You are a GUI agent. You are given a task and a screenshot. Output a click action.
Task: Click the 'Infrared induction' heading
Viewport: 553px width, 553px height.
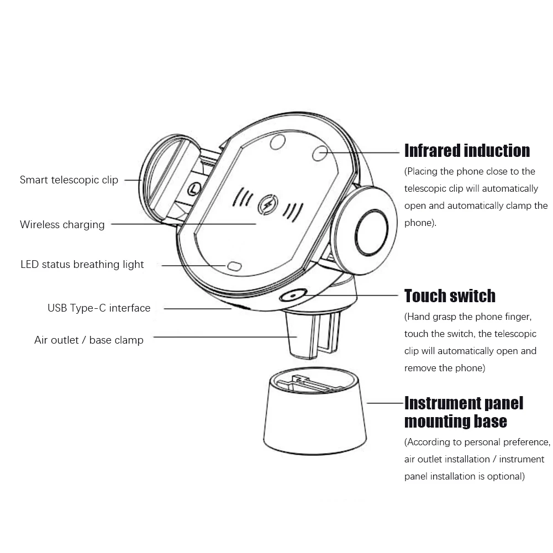pos(467,151)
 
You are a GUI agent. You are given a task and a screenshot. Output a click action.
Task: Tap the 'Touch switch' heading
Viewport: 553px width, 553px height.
pos(450,296)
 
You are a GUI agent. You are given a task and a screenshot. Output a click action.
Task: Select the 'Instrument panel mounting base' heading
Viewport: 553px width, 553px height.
pos(463,412)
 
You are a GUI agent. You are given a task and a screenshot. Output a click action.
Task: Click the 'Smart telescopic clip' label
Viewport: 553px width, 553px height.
pos(69,180)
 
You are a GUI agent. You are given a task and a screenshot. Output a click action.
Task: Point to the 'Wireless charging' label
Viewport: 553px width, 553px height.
pos(62,225)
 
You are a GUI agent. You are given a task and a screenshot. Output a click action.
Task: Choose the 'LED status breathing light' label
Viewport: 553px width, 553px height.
pos(82,265)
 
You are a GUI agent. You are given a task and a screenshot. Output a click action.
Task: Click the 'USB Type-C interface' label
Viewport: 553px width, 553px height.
pos(99,308)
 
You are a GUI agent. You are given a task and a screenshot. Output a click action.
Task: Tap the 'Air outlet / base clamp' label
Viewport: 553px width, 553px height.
pos(89,340)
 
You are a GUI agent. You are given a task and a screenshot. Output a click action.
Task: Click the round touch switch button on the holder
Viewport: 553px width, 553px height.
pos(292,296)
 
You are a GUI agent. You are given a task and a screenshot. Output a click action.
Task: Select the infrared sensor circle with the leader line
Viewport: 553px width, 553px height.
pos(319,153)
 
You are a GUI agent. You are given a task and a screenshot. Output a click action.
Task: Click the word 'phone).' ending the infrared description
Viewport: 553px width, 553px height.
pos(420,223)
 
